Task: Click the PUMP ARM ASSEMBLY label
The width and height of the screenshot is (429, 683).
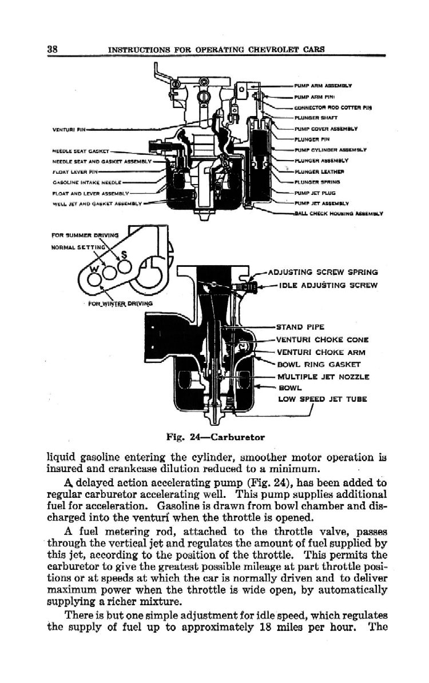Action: click(x=323, y=85)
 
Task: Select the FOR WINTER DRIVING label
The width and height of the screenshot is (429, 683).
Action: click(x=117, y=303)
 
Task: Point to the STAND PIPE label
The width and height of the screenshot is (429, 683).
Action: click(x=300, y=327)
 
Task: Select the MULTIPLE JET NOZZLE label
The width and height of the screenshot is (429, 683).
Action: click(x=323, y=377)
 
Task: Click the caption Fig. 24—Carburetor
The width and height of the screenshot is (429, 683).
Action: click(x=214, y=437)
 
